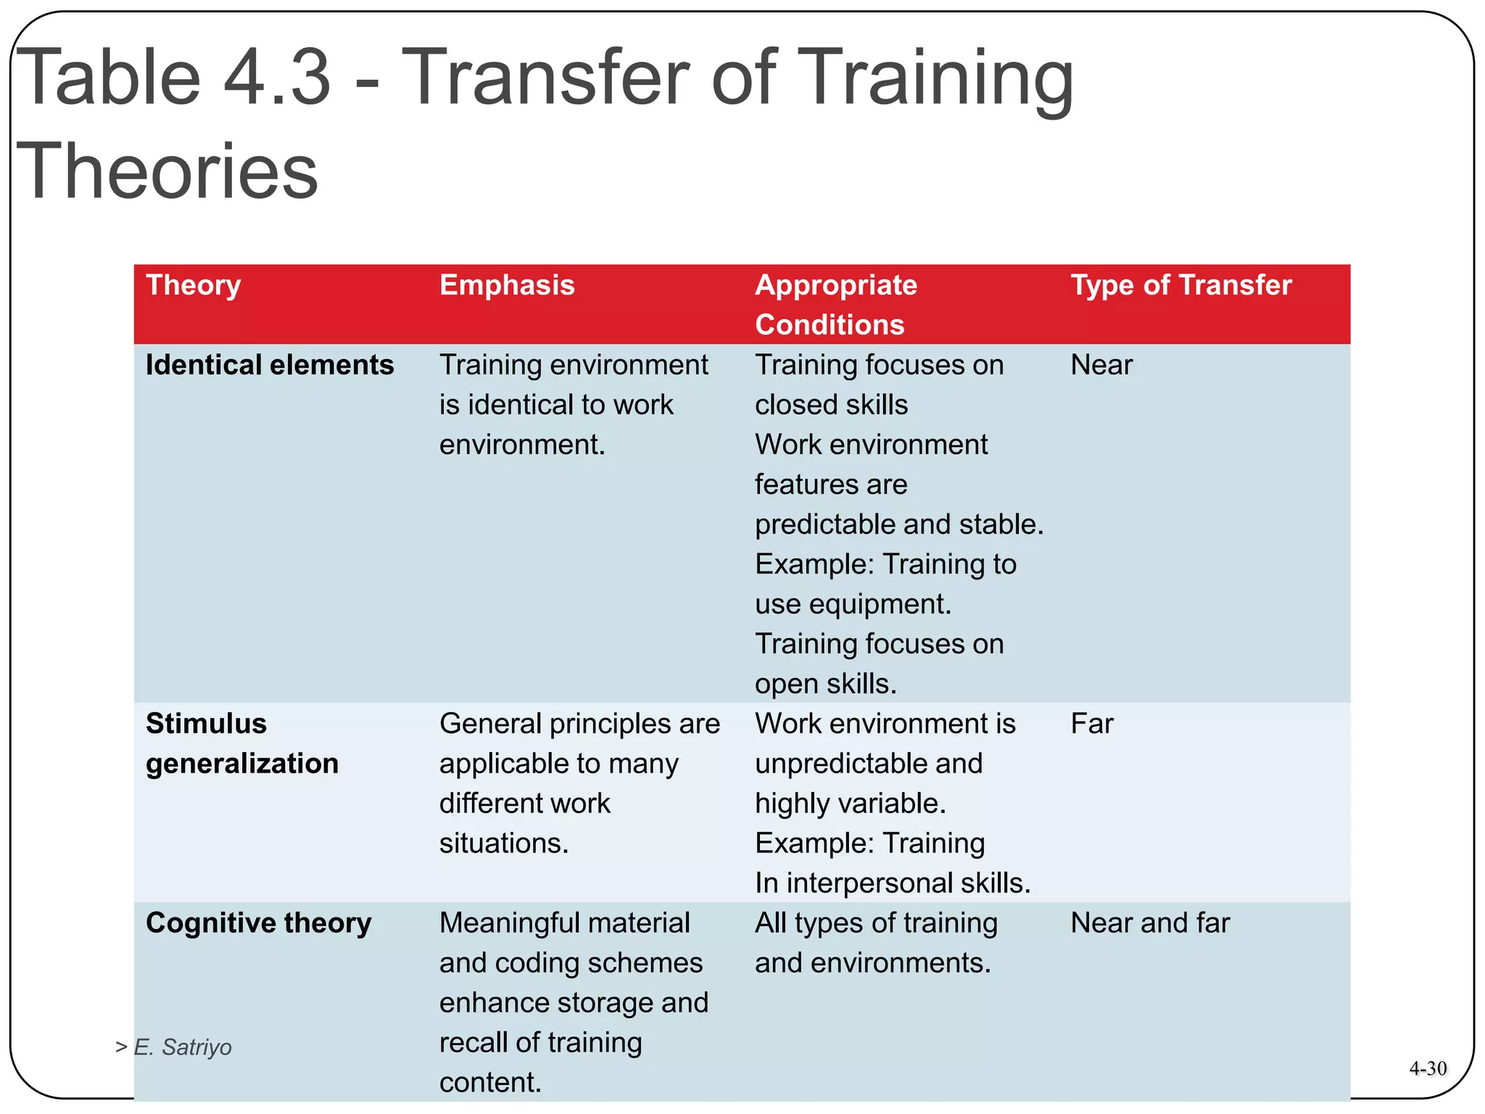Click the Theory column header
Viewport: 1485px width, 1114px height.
[193, 286]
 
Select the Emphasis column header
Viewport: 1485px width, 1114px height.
[507, 286]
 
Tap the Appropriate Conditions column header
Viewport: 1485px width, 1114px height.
[835, 305]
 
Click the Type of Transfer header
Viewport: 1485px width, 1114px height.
[1180, 286]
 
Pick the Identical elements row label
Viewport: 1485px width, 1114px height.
[270, 365]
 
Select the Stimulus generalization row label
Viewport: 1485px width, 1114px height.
[241, 743]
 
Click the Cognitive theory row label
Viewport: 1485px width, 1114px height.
[258, 923]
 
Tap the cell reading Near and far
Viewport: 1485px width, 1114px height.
[1150, 923]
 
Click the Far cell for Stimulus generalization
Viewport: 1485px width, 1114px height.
[1091, 724]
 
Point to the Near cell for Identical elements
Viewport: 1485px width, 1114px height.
[1101, 365]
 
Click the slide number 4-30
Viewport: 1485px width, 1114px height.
[1427, 1068]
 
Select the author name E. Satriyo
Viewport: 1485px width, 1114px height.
[182, 1047]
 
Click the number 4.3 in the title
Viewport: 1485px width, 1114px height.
[276, 77]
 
